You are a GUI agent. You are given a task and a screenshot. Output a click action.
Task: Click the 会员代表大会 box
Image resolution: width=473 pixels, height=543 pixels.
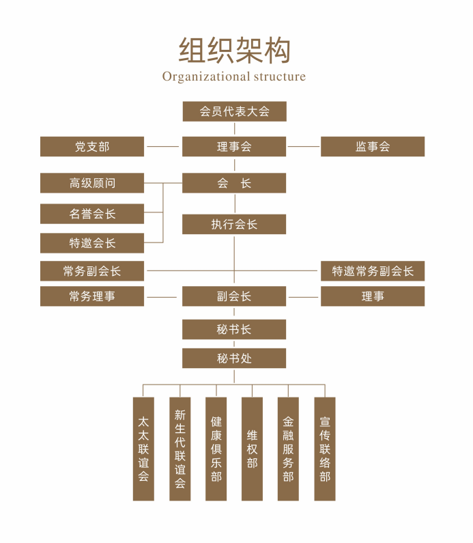(234, 111)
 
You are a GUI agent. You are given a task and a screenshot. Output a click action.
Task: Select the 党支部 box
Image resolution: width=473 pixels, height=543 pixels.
(92, 146)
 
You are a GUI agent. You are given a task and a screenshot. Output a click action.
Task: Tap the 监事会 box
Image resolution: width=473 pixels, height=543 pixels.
(373, 146)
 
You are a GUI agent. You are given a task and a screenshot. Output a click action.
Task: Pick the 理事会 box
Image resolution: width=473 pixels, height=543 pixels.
(234, 146)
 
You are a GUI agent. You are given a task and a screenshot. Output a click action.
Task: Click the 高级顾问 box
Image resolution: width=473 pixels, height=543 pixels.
(92, 183)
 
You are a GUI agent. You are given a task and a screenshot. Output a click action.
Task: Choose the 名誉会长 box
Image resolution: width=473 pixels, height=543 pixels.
(92, 214)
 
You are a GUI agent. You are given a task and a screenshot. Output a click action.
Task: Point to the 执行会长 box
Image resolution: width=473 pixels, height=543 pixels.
(234, 224)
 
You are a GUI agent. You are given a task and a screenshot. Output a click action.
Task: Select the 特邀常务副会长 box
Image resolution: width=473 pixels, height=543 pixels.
(373, 270)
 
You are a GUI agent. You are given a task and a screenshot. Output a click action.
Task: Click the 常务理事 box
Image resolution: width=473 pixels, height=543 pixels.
(92, 296)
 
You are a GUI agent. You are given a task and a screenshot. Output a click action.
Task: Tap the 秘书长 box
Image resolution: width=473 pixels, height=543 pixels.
(234, 329)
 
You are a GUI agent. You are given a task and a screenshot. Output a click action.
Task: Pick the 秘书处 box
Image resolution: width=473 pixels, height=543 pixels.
(234, 358)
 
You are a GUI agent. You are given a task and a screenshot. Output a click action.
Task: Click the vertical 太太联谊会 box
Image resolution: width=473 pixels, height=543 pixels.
(143, 449)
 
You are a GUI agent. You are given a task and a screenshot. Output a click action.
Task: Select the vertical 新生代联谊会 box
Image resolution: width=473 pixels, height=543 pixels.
(180, 449)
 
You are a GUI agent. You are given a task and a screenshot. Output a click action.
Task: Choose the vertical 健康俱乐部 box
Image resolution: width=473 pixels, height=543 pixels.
(216, 449)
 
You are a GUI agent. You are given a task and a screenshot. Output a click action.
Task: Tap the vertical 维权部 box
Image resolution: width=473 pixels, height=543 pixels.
(253, 449)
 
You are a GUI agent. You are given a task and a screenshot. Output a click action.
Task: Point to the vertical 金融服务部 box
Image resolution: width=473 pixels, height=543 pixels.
(288, 449)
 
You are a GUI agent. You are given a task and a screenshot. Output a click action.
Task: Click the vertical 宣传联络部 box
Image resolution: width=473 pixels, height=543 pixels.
(325, 449)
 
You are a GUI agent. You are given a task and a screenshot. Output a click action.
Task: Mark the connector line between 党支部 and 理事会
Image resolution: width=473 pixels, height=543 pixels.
(162, 146)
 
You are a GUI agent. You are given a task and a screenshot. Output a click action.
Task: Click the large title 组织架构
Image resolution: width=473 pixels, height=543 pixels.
(235, 51)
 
